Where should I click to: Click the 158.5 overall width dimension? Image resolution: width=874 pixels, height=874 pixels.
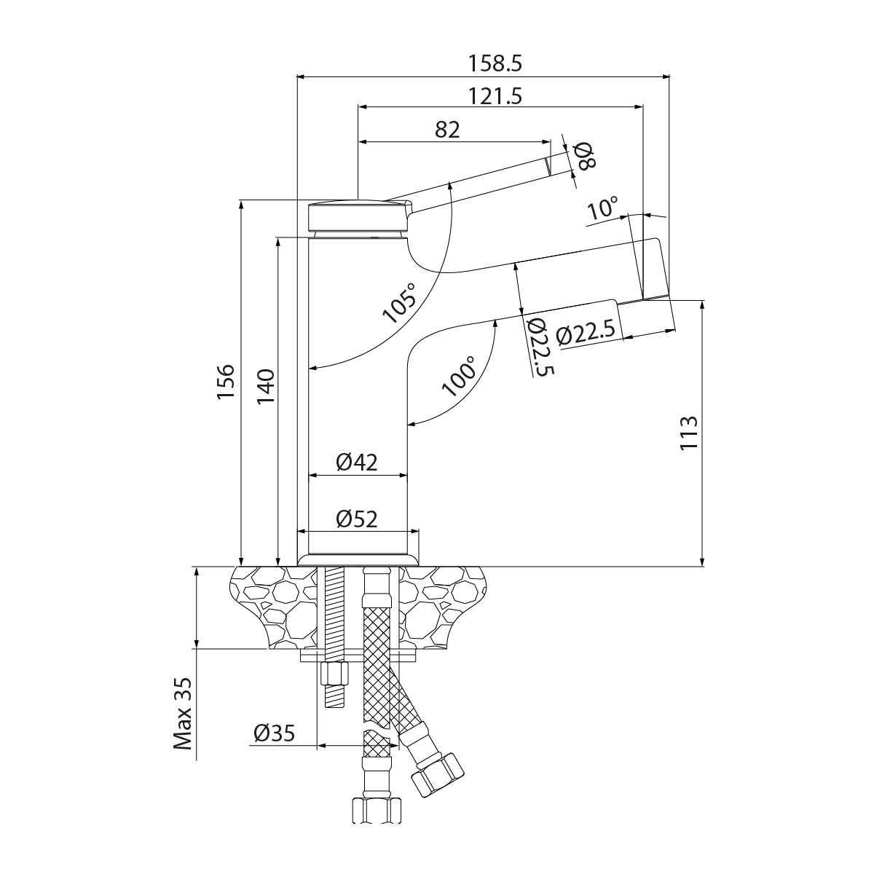click(x=496, y=63)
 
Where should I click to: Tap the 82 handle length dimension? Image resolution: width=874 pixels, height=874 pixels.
click(x=447, y=130)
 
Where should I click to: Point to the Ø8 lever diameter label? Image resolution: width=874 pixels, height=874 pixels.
click(x=585, y=156)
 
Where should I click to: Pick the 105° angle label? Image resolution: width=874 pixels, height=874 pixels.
click(x=401, y=302)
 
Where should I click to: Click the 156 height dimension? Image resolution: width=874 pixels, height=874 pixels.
click(x=227, y=382)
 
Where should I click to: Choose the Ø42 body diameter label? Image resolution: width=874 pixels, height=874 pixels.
click(x=357, y=462)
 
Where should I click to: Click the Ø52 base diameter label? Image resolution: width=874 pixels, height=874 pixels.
click(x=357, y=519)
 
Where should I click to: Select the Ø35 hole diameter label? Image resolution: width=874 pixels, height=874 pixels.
click(x=274, y=733)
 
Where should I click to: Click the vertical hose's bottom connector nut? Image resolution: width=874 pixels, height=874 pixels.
click(x=377, y=811)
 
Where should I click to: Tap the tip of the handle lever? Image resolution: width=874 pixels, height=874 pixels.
click(x=548, y=167)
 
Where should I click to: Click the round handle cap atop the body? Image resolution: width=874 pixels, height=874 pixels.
click(x=358, y=216)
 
